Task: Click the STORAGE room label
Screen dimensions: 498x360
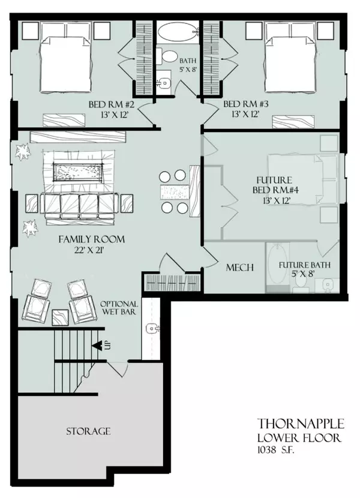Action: [88, 431]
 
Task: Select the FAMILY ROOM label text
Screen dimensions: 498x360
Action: [91, 239]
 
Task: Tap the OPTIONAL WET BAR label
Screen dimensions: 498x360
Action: [119, 308]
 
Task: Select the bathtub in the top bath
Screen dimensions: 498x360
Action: [179, 31]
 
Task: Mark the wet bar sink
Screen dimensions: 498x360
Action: [153, 329]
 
